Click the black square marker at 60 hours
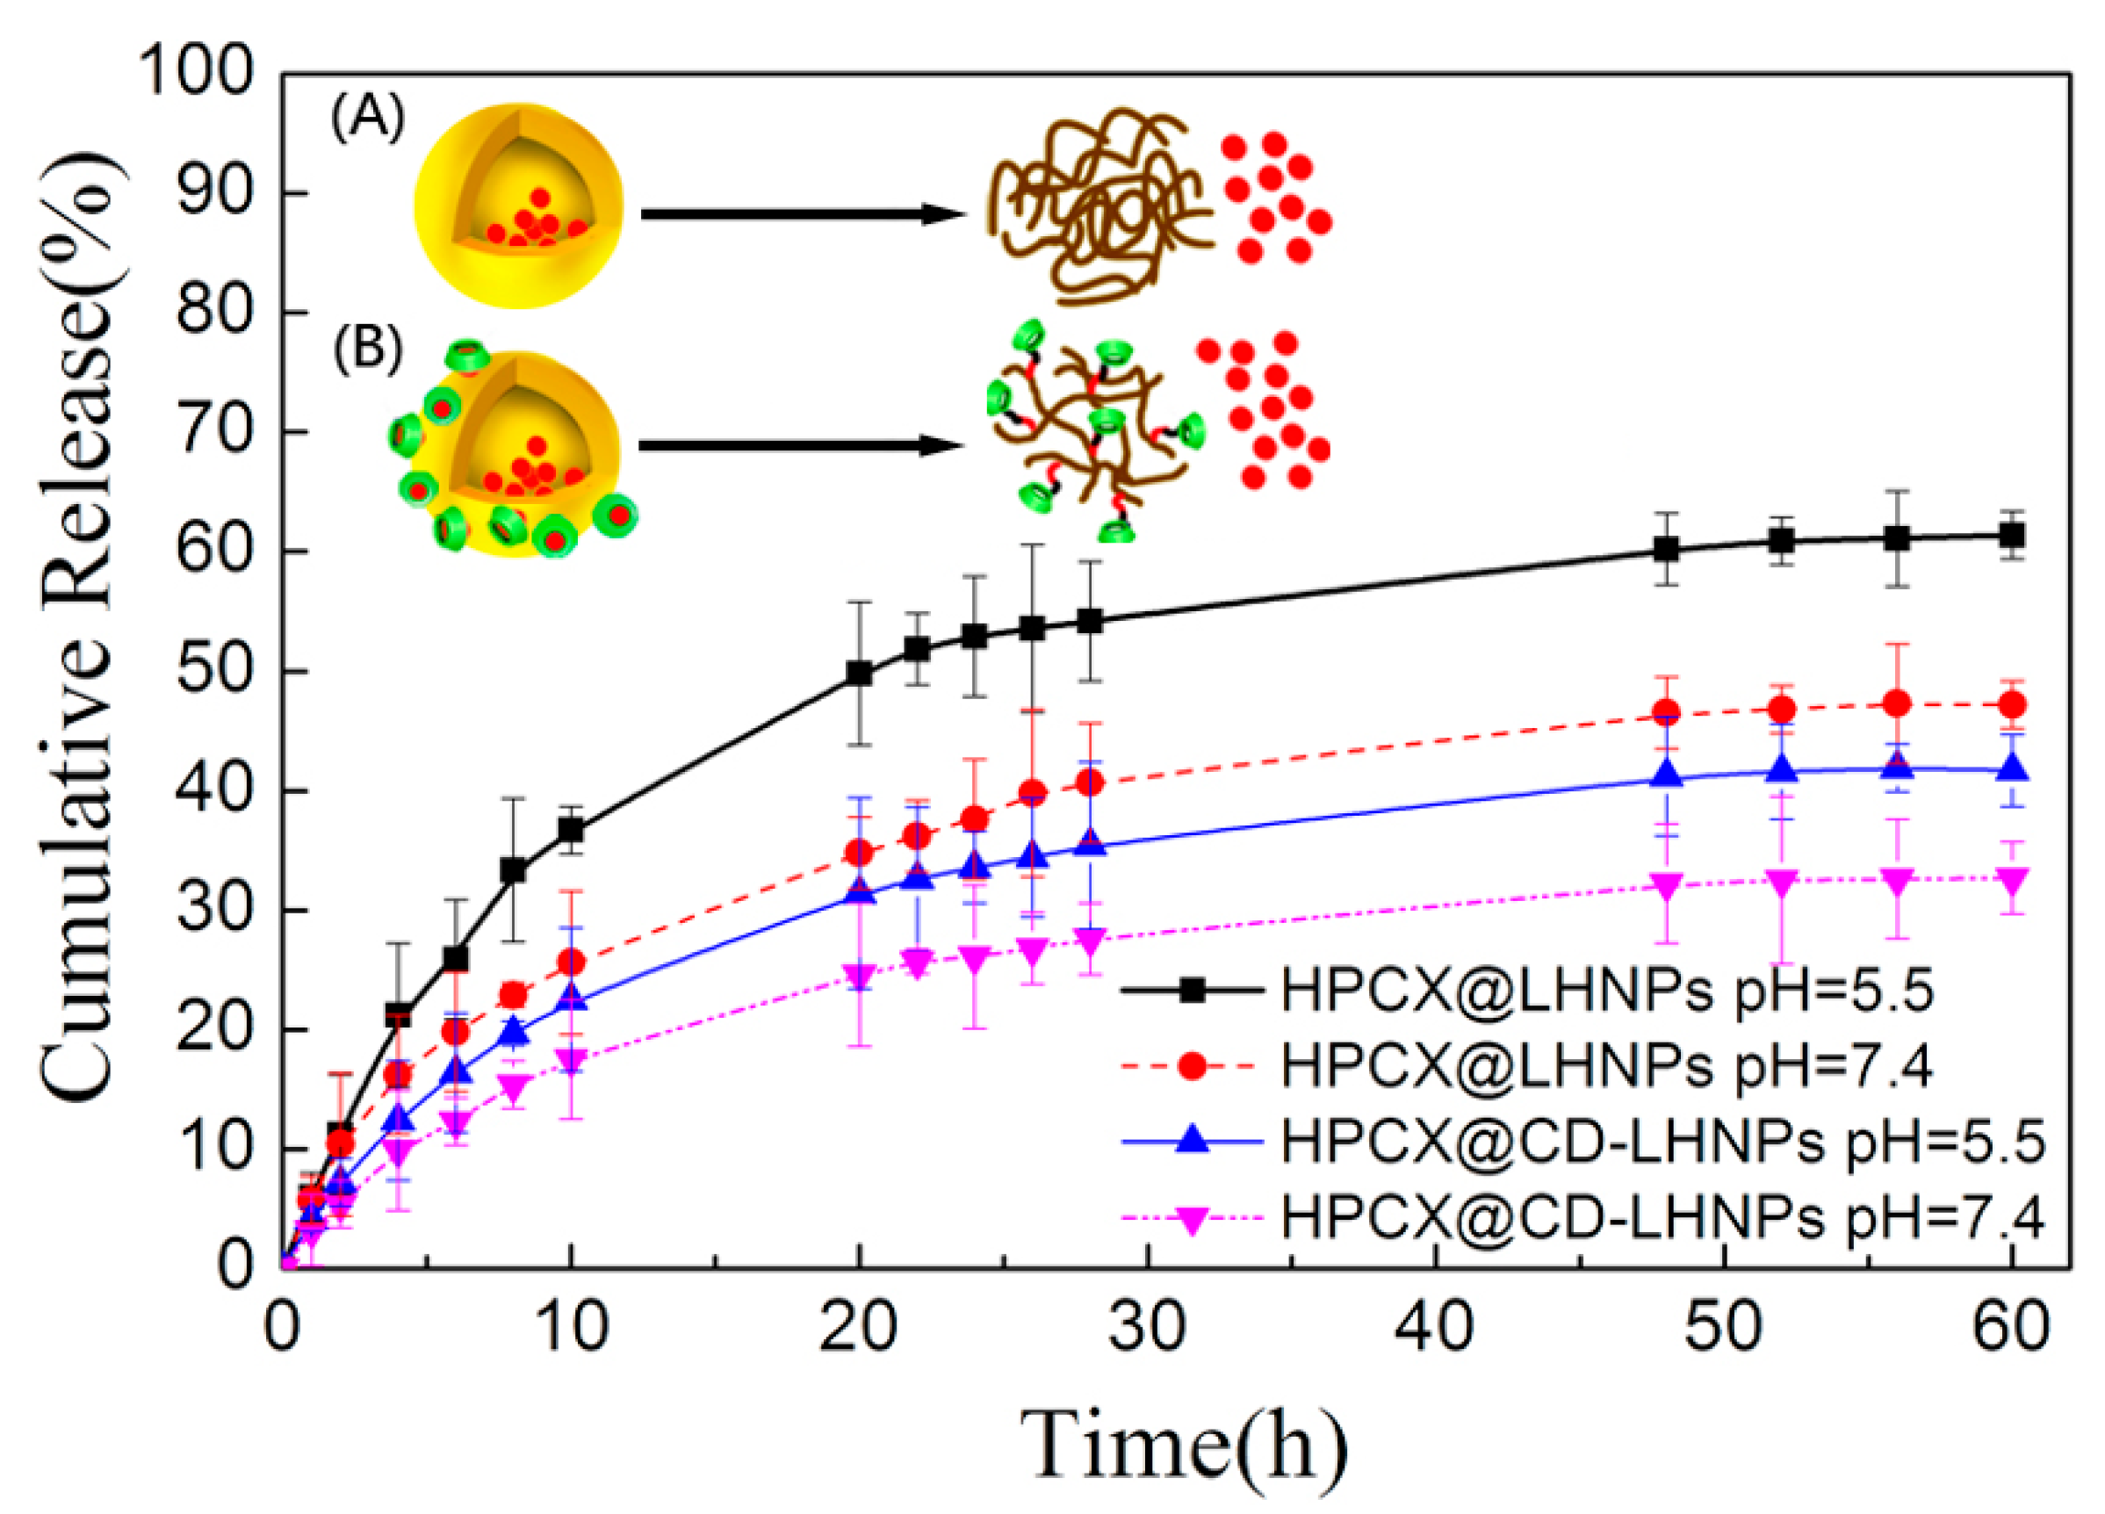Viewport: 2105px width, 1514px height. [x=2011, y=535]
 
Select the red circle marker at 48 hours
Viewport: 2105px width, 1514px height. [x=1667, y=712]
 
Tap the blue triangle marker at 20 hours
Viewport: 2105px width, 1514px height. [x=860, y=892]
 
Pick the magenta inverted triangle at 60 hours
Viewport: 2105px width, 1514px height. [x=2011, y=879]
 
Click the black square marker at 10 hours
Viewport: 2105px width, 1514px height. [x=571, y=829]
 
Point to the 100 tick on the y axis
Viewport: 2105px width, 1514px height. [x=195, y=71]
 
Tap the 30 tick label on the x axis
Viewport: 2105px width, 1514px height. [x=1148, y=1329]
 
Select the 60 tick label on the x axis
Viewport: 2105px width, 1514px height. [x=2011, y=1329]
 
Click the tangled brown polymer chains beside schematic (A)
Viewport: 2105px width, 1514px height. [x=1095, y=205]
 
